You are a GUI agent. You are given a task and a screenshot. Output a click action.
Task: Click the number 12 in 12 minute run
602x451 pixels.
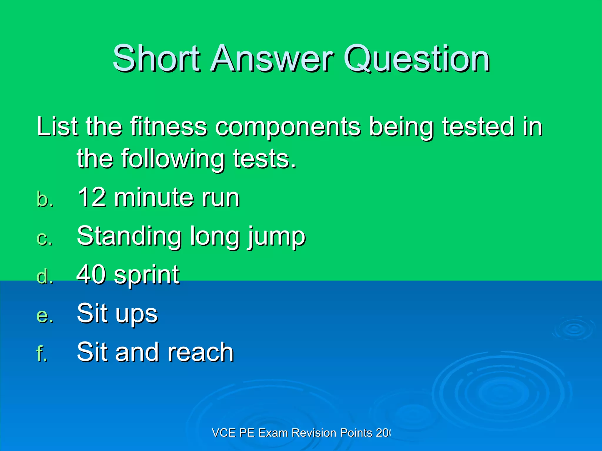tap(92, 197)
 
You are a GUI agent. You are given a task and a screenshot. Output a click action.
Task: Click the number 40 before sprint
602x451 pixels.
tap(91, 274)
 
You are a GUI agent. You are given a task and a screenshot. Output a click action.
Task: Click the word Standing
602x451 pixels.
tap(129, 236)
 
